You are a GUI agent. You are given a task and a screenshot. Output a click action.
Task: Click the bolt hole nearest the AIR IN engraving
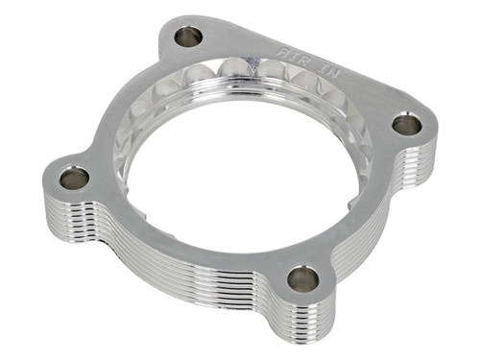pyautogui.click(x=188, y=37)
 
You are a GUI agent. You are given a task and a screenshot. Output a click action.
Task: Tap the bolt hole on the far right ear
pyautogui.click(x=407, y=124)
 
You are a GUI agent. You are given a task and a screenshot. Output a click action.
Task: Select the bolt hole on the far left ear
pyautogui.click(x=74, y=178)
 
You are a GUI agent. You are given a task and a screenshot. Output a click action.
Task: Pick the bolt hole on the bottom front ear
pyautogui.click(x=302, y=279)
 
